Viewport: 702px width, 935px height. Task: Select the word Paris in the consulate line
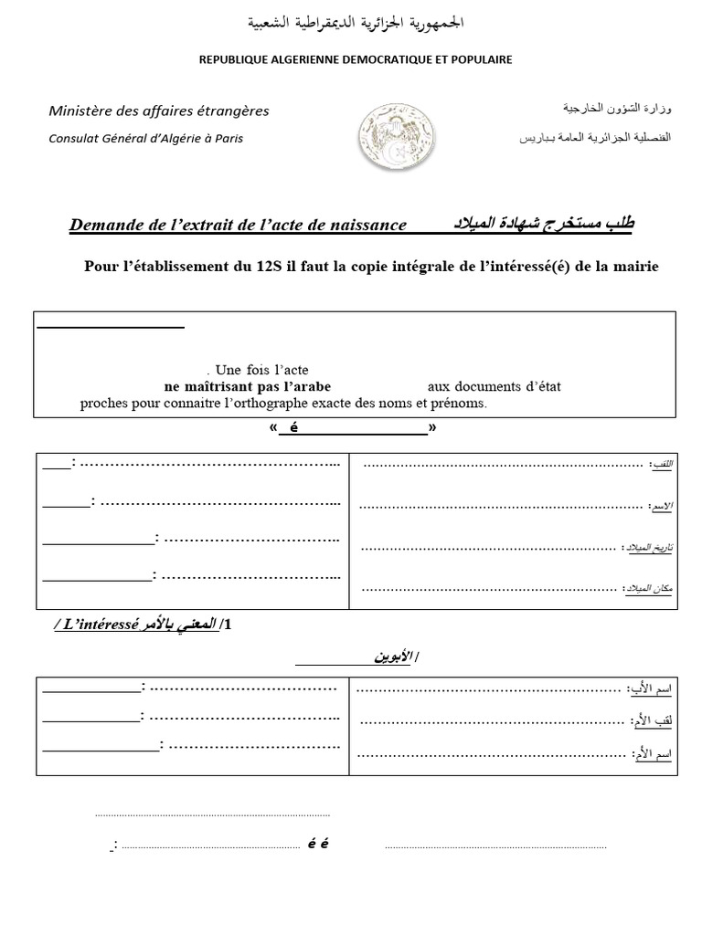[x=228, y=139]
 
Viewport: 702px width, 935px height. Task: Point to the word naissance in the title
[x=361, y=225]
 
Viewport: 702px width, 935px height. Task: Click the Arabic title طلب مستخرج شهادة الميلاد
[x=531, y=224]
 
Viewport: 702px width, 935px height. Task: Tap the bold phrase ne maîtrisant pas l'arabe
[x=248, y=386]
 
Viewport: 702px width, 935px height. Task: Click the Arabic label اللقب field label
[x=659, y=465]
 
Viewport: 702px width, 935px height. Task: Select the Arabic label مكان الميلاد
[x=649, y=589]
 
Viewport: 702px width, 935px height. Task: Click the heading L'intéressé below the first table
[x=100, y=625]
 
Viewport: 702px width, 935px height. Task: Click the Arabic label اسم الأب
[x=650, y=687]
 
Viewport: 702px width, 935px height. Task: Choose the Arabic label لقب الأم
[x=652, y=721]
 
